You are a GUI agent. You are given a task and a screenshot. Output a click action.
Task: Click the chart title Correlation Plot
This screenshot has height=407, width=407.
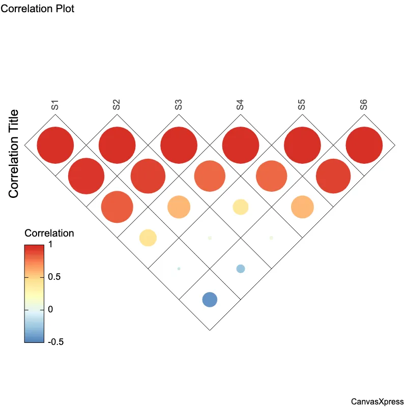pyautogui.click(x=38, y=9)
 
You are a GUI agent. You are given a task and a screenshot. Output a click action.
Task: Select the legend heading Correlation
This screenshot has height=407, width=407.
pyautogui.click(x=49, y=234)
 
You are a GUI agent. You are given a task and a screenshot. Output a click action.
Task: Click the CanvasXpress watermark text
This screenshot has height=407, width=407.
pyautogui.click(x=377, y=401)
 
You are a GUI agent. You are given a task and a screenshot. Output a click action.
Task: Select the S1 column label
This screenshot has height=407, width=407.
pyautogui.click(x=55, y=105)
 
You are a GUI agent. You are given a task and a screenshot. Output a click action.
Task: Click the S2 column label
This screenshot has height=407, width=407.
pyautogui.click(x=117, y=105)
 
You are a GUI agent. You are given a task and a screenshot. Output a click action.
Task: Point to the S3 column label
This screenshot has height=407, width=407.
pyautogui.click(x=179, y=105)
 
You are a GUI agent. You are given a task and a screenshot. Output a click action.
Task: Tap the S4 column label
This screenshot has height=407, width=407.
pyautogui.click(x=240, y=105)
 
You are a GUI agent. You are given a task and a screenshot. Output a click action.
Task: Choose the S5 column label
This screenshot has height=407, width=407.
pyautogui.click(x=302, y=105)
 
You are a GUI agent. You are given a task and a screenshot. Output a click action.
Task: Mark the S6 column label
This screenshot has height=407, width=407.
pyautogui.click(x=364, y=105)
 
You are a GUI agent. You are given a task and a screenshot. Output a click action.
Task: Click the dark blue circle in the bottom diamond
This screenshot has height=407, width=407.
pyautogui.click(x=210, y=300)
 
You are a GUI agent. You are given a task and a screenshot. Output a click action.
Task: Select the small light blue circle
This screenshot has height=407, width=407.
pyautogui.click(x=241, y=269)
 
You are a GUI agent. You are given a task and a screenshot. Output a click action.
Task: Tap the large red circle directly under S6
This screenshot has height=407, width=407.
pyautogui.click(x=364, y=145)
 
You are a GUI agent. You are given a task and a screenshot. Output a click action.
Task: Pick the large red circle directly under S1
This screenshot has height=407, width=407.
pyautogui.click(x=55, y=145)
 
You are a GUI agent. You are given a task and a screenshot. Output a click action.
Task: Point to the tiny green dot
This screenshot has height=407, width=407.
pyautogui.click(x=179, y=269)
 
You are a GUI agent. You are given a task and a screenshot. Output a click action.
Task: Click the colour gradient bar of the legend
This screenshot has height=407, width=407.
pyautogui.click(x=34, y=294)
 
